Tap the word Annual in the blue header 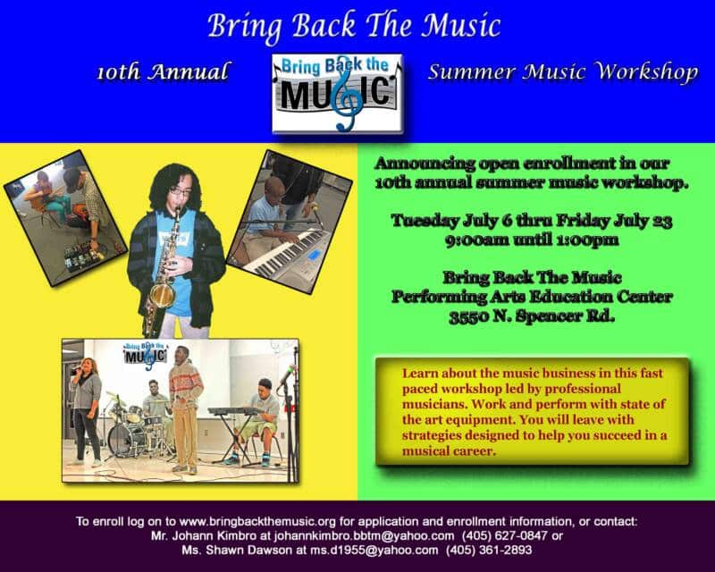[x=189, y=72]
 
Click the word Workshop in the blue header [x=646, y=73]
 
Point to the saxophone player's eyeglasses [x=180, y=192]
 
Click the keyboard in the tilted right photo [x=288, y=256]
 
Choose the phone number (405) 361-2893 [x=489, y=551]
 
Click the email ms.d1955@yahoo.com [x=374, y=551]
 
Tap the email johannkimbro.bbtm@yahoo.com [x=364, y=535]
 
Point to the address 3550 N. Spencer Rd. [x=532, y=316]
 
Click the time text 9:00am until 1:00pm [x=532, y=240]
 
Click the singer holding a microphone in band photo [x=86, y=410]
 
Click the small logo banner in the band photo [x=146, y=354]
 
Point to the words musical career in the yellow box [x=449, y=451]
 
